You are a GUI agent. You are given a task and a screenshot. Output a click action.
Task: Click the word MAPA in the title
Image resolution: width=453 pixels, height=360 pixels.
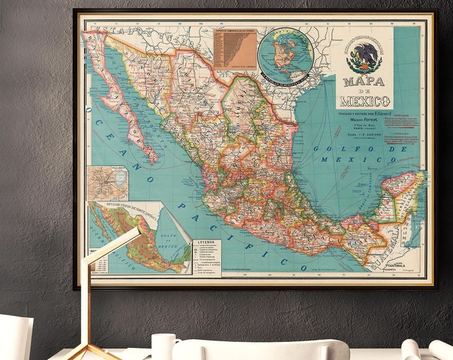(x=364, y=81)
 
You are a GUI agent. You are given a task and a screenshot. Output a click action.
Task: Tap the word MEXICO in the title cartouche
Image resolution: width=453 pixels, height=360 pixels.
(x=364, y=101)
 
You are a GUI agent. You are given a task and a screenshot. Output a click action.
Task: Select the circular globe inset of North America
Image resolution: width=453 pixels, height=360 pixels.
(x=285, y=55)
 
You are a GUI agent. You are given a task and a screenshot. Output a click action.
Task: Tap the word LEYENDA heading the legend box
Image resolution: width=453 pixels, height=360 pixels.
(x=207, y=245)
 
